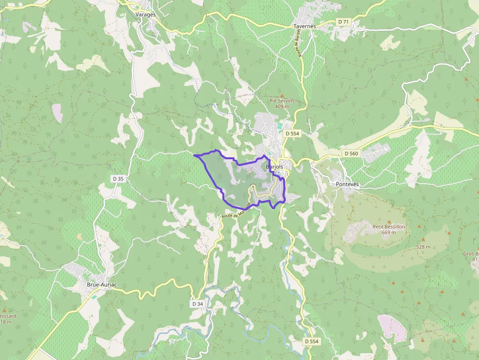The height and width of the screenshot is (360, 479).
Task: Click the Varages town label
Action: pyautogui.click(x=146, y=15)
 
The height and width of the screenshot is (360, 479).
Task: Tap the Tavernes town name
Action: pyautogui.click(x=305, y=26)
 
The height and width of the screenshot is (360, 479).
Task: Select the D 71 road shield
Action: pyautogui.click(x=344, y=22)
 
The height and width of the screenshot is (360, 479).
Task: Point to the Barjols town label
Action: pyautogui.click(x=275, y=167)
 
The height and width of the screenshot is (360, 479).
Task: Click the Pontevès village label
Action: pyautogui.click(x=348, y=184)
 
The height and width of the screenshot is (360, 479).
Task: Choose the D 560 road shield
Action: pyautogui.click(x=351, y=153)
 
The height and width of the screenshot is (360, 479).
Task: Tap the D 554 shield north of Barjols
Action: pyautogui.click(x=292, y=133)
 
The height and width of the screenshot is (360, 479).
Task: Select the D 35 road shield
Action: pyautogui.click(x=118, y=179)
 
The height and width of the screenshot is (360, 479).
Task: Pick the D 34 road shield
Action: pyautogui.click(x=197, y=304)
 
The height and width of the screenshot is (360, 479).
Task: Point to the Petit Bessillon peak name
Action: pyautogui.click(x=389, y=227)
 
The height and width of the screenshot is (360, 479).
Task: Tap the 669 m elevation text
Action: pyautogui.click(x=389, y=233)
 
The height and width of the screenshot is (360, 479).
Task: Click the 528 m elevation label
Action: pyautogui.click(x=423, y=247)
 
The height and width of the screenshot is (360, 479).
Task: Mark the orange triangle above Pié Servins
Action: pyautogui.click(x=282, y=95)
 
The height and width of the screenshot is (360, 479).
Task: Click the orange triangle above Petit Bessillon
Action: pyautogui.click(x=390, y=221)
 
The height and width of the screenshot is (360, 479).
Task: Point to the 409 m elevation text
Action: pyautogui.click(x=282, y=106)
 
